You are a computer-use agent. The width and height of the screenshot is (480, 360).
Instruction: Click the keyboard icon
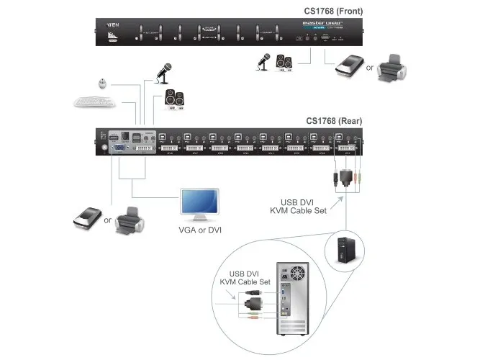click(x=95, y=102)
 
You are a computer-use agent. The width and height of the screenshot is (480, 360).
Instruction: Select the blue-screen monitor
click(x=199, y=204)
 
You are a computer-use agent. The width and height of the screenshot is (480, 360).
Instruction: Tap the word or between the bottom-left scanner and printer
click(x=107, y=220)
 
